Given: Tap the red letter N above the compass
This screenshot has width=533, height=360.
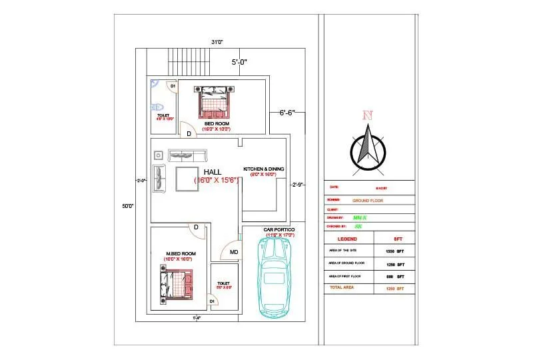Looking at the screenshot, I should tap(366, 115).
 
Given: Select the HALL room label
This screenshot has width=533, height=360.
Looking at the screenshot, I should tap(213, 172).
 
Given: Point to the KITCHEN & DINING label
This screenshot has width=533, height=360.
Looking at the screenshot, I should tap(264, 169).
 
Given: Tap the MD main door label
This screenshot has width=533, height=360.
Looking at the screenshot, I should tap(234, 252).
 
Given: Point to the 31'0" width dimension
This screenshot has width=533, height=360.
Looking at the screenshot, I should tap(217, 42).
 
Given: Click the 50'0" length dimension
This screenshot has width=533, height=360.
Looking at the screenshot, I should tap(128, 206).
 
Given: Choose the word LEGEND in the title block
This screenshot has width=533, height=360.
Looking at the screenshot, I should tap(347, 238).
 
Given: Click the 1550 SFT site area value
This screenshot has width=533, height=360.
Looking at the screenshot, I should tap(395, 251).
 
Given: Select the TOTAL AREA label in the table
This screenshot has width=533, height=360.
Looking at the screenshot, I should tap(340, 287).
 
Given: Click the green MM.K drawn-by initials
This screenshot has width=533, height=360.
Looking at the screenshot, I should tap(360, 217).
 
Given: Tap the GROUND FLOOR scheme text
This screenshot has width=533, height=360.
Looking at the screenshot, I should tap(368, 200).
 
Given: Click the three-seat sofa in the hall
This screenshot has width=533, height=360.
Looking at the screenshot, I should tap(189, 155).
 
